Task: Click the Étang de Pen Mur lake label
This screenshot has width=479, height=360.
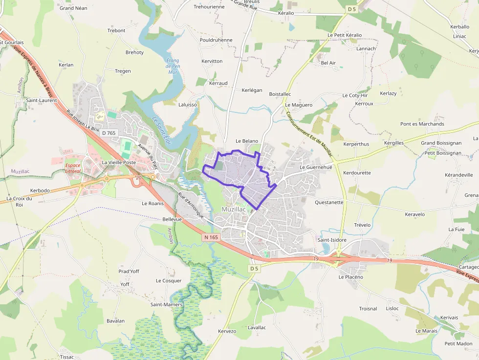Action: tap(173, 66)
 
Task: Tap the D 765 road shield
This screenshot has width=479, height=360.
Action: tap(109, 133)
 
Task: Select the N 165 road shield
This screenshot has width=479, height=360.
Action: tap(211, 237)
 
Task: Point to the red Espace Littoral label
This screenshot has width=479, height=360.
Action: tap(73, 168)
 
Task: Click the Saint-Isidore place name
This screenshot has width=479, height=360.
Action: tap(332, 240)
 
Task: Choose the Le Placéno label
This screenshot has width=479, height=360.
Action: tap(350, 277)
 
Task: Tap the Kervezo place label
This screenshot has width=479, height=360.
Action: tap(227, 331)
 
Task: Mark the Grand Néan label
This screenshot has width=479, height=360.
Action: tap(73, 8)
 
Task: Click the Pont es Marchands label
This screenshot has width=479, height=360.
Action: tap(422, 124)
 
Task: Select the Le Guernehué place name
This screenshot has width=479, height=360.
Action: tap(316, 167)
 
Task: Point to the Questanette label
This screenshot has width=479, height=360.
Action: tap(329, 202)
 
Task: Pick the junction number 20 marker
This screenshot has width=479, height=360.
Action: tap(139, 177)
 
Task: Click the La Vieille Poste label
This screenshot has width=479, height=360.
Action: tap(119, 162)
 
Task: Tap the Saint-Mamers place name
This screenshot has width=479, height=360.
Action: tap(166, 305)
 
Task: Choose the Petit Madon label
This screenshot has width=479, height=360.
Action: tap(458, 344)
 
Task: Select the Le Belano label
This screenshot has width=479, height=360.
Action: tap(246, 141)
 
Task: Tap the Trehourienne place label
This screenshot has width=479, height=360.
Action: tap(209, 7)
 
